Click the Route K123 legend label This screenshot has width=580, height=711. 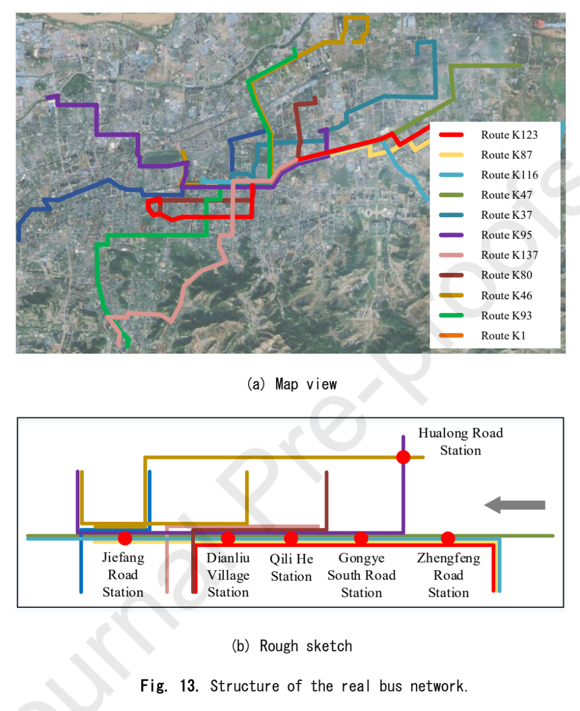509,135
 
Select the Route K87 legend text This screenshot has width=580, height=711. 506,155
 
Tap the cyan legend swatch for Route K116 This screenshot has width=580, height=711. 451,175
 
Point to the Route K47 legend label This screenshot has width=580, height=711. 506,195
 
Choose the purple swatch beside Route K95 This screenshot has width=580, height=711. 451,235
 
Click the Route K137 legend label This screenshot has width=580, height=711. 509,255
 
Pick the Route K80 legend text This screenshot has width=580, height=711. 506,275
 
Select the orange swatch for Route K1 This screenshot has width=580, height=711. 451,335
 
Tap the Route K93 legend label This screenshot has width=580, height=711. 506,315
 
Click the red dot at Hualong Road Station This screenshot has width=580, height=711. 403,457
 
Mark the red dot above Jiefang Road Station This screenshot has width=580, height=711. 125,538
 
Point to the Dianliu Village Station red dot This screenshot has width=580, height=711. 228,538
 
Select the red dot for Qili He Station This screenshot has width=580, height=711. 291,538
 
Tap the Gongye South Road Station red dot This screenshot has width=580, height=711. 361,538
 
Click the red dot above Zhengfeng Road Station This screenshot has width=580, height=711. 448,538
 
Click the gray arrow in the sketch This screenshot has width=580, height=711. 514,505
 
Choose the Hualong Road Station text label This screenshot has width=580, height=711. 460,442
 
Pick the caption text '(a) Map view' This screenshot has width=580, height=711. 292,384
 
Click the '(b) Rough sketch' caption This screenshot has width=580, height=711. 292,647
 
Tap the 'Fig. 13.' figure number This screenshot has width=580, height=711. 169,686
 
